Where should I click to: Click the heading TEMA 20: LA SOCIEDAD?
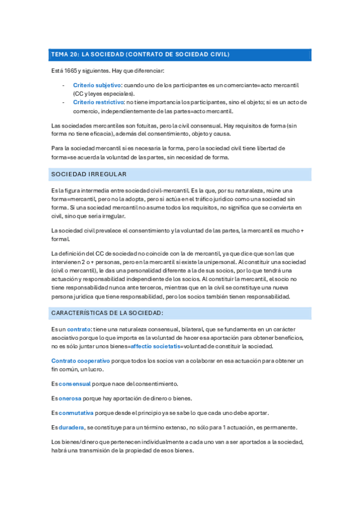click(x=139, y=55)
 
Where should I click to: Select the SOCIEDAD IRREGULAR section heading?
click(x=88, y=174)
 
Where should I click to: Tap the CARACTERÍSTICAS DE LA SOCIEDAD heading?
click(x=108, y=313)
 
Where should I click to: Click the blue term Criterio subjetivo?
click(x=97, y=86)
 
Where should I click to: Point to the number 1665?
click(x=71, y=71)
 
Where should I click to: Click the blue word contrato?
click(x=79, y=330)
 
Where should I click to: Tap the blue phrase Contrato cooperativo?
click(x=81, y=360)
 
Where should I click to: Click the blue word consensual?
click(x=75, y=383)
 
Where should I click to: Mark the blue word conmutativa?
click(x=78, y=413)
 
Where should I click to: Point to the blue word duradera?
click(x=72, y=427)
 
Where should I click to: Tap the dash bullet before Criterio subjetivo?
click(x=64, y=86)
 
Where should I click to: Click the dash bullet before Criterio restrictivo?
click(x=64, y=103)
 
